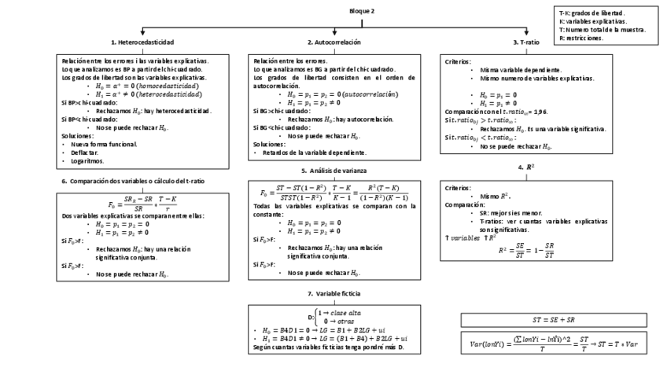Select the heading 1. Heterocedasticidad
(x=142, y=41)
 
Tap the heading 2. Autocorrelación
(x=334, y=41)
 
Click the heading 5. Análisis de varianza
(x=333, y=170)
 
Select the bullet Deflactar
(x=86, y=153)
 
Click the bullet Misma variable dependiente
(x=517, y=69)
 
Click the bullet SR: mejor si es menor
(x=512, y=212)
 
